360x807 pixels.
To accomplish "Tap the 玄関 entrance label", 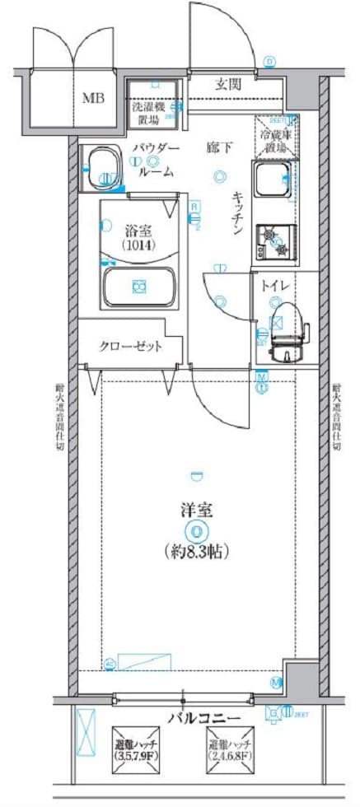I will [228, 83].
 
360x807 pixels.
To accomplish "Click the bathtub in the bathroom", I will [138, 287].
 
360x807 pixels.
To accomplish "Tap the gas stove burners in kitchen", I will [273, 240].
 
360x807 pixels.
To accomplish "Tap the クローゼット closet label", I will [131, 346].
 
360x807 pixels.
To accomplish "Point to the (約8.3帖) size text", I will [196, 550].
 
